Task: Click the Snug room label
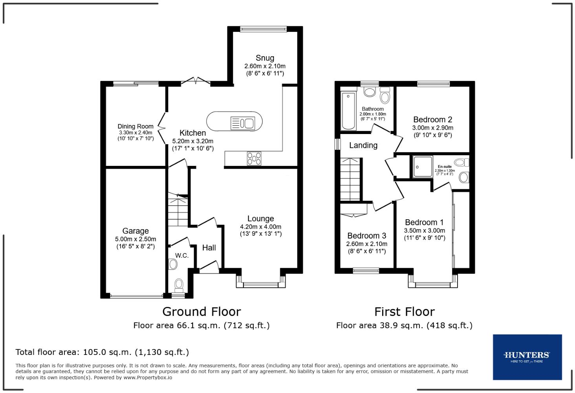pyautogui.click(x=265, y=58)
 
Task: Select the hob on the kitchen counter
pyautogui.click(x=254, y=158)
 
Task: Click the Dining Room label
pyautogui.click(x=136, y=126)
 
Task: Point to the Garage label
pyautogui.click(x=136, y=231)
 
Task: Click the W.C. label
pyautogui.click(x=182, y=255)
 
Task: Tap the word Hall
pyautogui.click(x=209, y=248)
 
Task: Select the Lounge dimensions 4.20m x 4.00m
pyautogui.click(x=260, y=227)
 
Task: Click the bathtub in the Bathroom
pyautogui.click(x=348, y=111)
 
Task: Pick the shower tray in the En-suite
pyautogui.click(x=422, y=166)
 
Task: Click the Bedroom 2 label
pyautogui.click(x=432, y=119)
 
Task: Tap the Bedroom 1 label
pyautogui.click(x=424, y=222)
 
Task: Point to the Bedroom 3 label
pyautogui.click(x=366, y=236)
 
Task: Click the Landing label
pyautogui.click(x=363, y=145)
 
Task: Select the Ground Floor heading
pyautogui.click(x=201, y=312)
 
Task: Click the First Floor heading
pyautogui.click(x=404, y=312)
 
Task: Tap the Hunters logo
pyautogui.click(x=527, y=357)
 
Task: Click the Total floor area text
pyautogui.click(x=102, y=352)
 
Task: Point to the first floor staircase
pyautogui.click(x=350, y=179)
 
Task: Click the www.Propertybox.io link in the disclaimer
pyautogui.click(x=148, y=378)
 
